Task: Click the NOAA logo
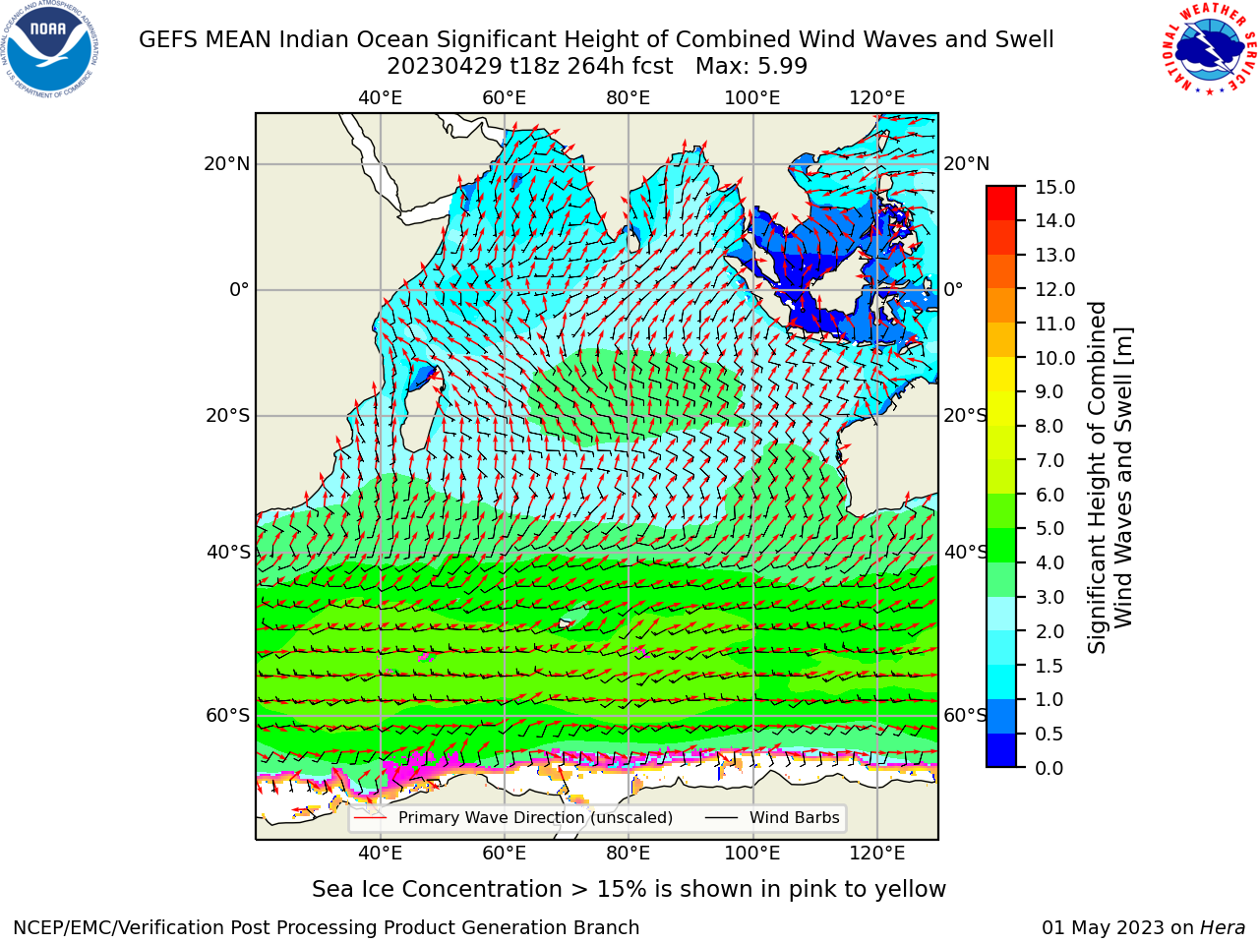[49, 49]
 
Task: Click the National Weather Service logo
[1209, 48]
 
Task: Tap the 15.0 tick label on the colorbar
[1054, 187]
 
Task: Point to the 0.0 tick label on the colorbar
[1049, 768]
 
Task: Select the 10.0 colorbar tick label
[1054, 358]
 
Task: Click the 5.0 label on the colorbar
[1049, 528]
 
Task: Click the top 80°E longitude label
[629, 98]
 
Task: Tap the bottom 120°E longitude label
[877, 854]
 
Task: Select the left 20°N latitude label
[227, 164]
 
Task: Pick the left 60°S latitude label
[228, 715]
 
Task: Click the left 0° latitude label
[239, 289]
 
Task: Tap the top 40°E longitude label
[381, 98]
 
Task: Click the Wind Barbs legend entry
[772, 818]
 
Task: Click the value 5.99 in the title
[783, 67]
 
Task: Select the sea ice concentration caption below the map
[629, 890]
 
